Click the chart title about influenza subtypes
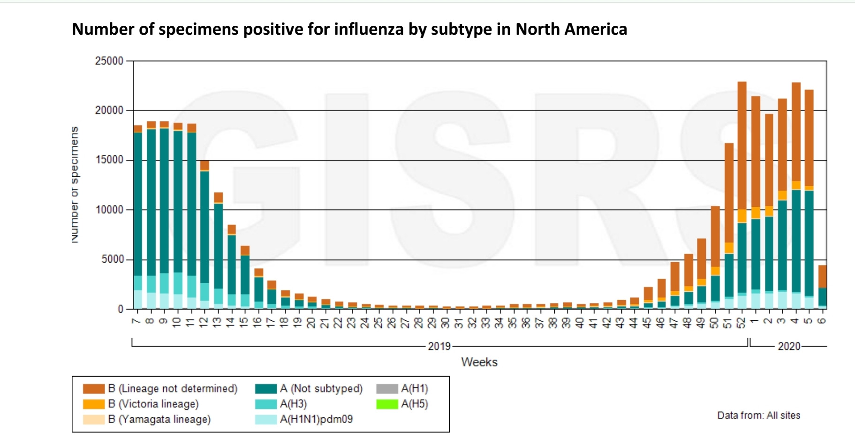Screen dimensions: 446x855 click(x=349, y=29)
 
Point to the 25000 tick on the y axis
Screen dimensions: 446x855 click(x=109, y=61)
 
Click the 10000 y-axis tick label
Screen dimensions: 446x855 click(x=109, y=210)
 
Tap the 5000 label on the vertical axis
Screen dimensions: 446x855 click(x=112, y=259)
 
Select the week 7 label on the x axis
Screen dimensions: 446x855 click(x=137, y=321)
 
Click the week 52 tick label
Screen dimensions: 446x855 click(x=741, y=323)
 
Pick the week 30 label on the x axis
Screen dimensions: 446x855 click(x=446, y=323)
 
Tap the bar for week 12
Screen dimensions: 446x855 click(x=204, y=234)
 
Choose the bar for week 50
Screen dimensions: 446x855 click(x=715, y=258)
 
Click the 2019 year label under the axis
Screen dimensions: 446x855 click(x=439, y=347)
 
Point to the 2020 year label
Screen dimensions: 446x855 click(x=789, y=347)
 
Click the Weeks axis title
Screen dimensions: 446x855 click(x=479, y=362)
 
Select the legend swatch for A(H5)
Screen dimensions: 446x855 click(x=387, y=404)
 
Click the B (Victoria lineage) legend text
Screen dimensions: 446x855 click(x=153, y=404)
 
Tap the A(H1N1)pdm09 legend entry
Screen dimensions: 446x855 click(x=316, y=419)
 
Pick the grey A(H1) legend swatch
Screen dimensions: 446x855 click(x=387, y=389)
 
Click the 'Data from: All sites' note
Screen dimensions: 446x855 click(x=758, y=415)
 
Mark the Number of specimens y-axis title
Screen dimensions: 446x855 click(x=75, y=185)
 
